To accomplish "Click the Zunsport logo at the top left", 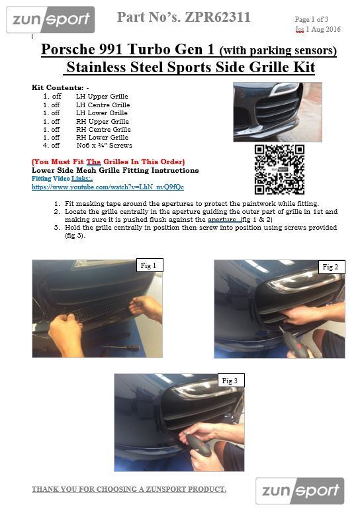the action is (50, 20).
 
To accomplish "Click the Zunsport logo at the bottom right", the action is (300, 490).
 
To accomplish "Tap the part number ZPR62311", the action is (218, 17).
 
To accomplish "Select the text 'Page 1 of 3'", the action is (311, 19).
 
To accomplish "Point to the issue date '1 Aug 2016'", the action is (323, 29).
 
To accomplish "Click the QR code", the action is (279, 170).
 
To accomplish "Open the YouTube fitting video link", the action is (108, 187).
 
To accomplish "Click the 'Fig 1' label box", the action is (150, 265).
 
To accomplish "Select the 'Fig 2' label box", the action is (332, 267).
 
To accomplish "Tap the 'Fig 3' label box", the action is (231, 381).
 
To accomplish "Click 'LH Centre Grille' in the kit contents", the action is (103, 105).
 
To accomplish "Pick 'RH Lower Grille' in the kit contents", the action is (102, 138).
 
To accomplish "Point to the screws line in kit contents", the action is (87, 145).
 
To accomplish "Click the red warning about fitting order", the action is (109, 162).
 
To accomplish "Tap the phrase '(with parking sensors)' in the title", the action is (278, 50).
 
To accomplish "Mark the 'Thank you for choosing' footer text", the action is (129, 489).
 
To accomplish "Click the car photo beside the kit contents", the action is (277, 112).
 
